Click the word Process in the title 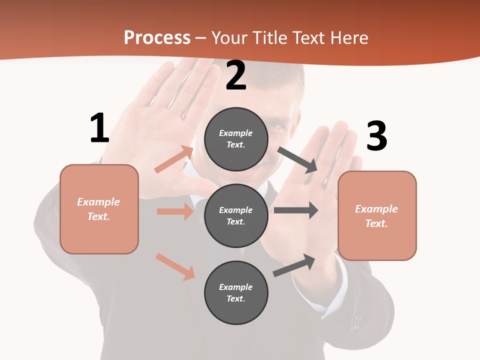pos(157,38)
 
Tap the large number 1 pos(99,128)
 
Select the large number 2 pos(236,75)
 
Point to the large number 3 pos(376,136)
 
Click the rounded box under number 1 pos(99,209)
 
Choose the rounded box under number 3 pos(377,216)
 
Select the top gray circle pos(236,139)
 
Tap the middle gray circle pos(236,215)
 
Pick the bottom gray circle pos(236,292)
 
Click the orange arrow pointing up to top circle pos(174,159)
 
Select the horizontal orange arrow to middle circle pos(175,211)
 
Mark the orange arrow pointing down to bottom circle pos(175,266)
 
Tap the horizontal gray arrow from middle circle pos(295,210)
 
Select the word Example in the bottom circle pos(236,287)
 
